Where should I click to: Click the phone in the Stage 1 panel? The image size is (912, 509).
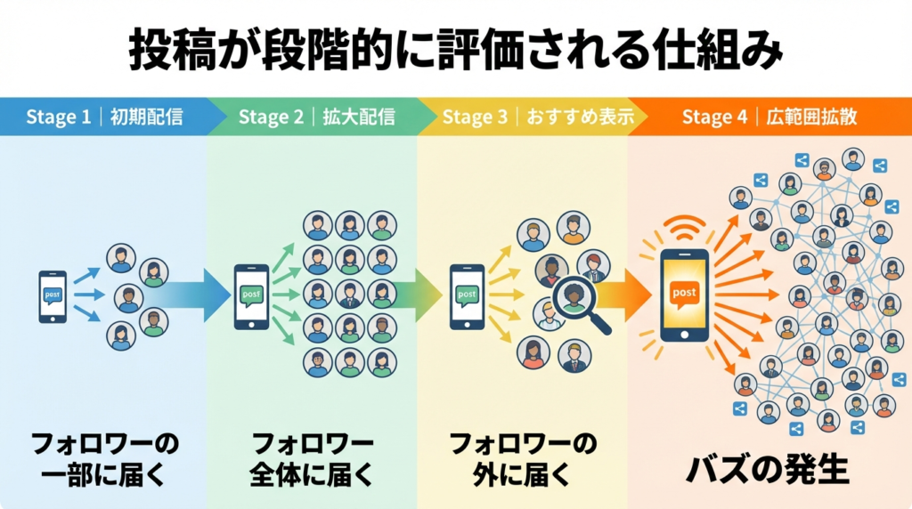tap(53, 295)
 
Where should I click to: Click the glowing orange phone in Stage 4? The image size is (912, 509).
tap(684, 293)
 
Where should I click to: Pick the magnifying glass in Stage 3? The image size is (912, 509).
tap(575, 303)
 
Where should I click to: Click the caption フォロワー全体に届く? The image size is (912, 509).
tap(312, 457)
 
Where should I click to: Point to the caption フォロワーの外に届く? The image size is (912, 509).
tap(522, 457)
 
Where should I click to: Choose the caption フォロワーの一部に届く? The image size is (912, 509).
tap(105, 457)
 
